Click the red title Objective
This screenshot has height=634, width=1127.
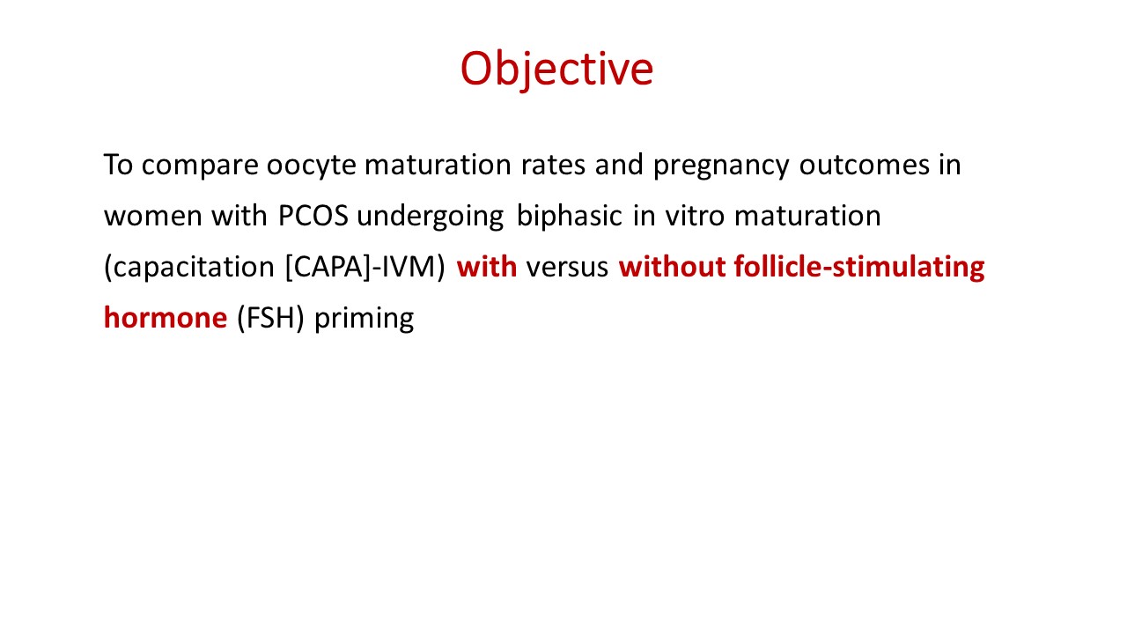pos(556,70)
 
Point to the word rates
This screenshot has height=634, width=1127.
pos(553,165)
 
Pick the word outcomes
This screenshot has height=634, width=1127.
pos(864,165)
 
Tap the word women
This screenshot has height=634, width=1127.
pos(153,217)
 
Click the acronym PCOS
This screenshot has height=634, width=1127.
pos(313,216)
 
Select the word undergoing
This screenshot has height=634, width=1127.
pos(431,217)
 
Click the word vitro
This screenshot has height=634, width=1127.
pos(695,216)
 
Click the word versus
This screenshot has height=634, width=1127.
pos(567,268)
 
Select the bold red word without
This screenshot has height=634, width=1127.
pos(672,267)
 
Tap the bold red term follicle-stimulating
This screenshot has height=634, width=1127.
pos(859,267)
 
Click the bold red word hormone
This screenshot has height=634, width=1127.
pos(166,318)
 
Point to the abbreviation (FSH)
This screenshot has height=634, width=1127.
pos(270,319)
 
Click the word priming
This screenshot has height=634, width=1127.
pos(364,319)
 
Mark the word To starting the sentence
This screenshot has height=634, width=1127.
pos(118,165)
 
